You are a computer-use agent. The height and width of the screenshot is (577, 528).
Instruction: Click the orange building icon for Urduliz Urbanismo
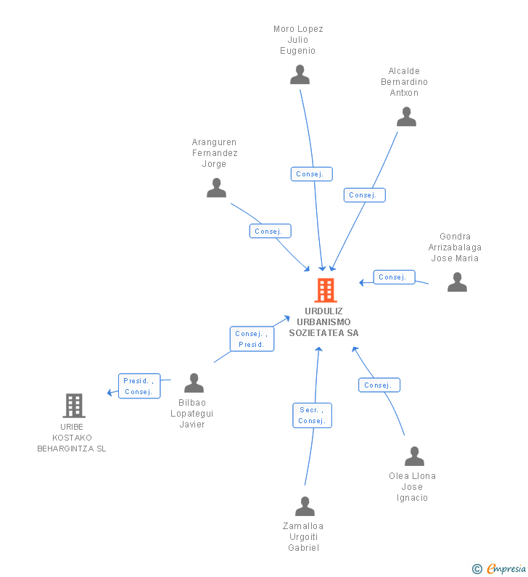pyautogui.click(x=326, y=290)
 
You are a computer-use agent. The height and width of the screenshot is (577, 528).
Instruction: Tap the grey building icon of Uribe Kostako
pyautogui.click(x=74, y=406)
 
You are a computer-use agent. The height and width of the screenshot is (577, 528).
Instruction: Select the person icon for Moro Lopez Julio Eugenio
pyautogui.click(x=300, y=74)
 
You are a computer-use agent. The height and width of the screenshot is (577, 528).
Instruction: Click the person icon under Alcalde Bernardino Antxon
pyautogui.click(x=406, y=116)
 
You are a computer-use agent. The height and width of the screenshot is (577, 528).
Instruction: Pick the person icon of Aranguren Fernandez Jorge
pyautogui.click(x=216, y=188)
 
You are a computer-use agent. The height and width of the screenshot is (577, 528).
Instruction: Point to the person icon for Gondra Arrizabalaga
pyautogui.click(x=457, y=282)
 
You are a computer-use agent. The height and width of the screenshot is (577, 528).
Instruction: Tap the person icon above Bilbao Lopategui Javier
pyautogui.click(x=194, y=382)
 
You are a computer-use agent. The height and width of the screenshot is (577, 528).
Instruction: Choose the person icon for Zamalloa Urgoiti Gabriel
pyautogui.click(x=305, y=506)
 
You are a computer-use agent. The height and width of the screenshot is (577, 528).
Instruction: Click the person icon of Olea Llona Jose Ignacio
pyautogui.click(x=414, y=456)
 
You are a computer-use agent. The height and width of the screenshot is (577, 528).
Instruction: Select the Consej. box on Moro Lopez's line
pyautogui.click(x=311, y=174)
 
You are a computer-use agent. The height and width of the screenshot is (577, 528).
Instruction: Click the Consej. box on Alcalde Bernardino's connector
pyautogui.click(x=364, y=195)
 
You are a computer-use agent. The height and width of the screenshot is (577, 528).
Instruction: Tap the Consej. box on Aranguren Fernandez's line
pyautogui.click(x=271, y=231)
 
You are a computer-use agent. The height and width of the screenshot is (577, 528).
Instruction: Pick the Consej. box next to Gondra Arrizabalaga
pyautogui.click(x=394, y=277)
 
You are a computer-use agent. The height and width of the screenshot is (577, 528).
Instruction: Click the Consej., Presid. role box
pyautogui.click(x=252, y=339)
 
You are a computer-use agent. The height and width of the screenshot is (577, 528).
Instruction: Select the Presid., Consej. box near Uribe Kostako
pyautogui.click(x=139, y=386)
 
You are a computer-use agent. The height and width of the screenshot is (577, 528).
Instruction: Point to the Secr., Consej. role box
pyautogui.click(x=312, y=415)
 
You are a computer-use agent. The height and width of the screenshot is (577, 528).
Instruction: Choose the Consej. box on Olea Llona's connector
pyautogui.click(x=379, y=385)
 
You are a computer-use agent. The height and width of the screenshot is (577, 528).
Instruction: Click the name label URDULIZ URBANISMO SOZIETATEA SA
pyautogui.click(x=323, y=322)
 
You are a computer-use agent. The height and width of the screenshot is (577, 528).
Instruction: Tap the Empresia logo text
pyautogui.click(x=506, y=568)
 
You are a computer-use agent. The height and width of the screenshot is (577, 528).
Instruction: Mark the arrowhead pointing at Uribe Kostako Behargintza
pyautogui.click(x=110, y=393)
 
